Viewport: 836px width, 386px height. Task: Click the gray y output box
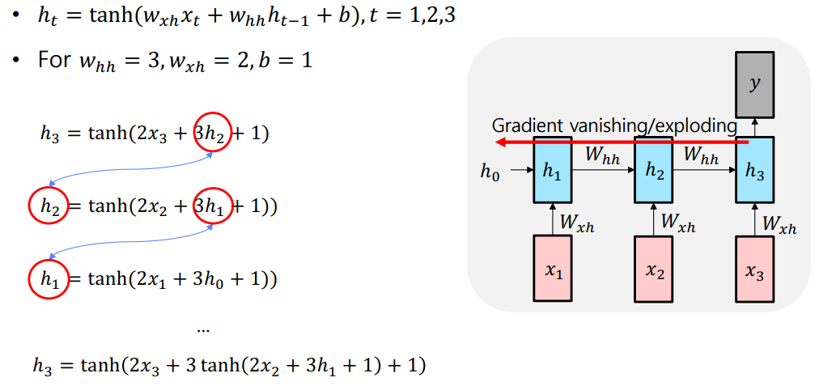point(754,83)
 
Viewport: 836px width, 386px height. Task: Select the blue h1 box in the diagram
point(553,170)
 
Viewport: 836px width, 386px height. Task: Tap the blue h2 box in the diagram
point(654,170)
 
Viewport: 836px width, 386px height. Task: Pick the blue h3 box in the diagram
point(755,170)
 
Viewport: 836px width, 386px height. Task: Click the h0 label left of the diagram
point(490,171)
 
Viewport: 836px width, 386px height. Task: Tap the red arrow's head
point(503,142)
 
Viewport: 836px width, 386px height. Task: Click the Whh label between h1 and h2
point(603,156)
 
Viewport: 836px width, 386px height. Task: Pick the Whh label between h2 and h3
point(704,156)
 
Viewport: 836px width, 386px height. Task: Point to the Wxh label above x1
point(577,223)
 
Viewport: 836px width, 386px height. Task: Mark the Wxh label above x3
point(779,223)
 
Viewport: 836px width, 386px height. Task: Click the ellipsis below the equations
point(204,330)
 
